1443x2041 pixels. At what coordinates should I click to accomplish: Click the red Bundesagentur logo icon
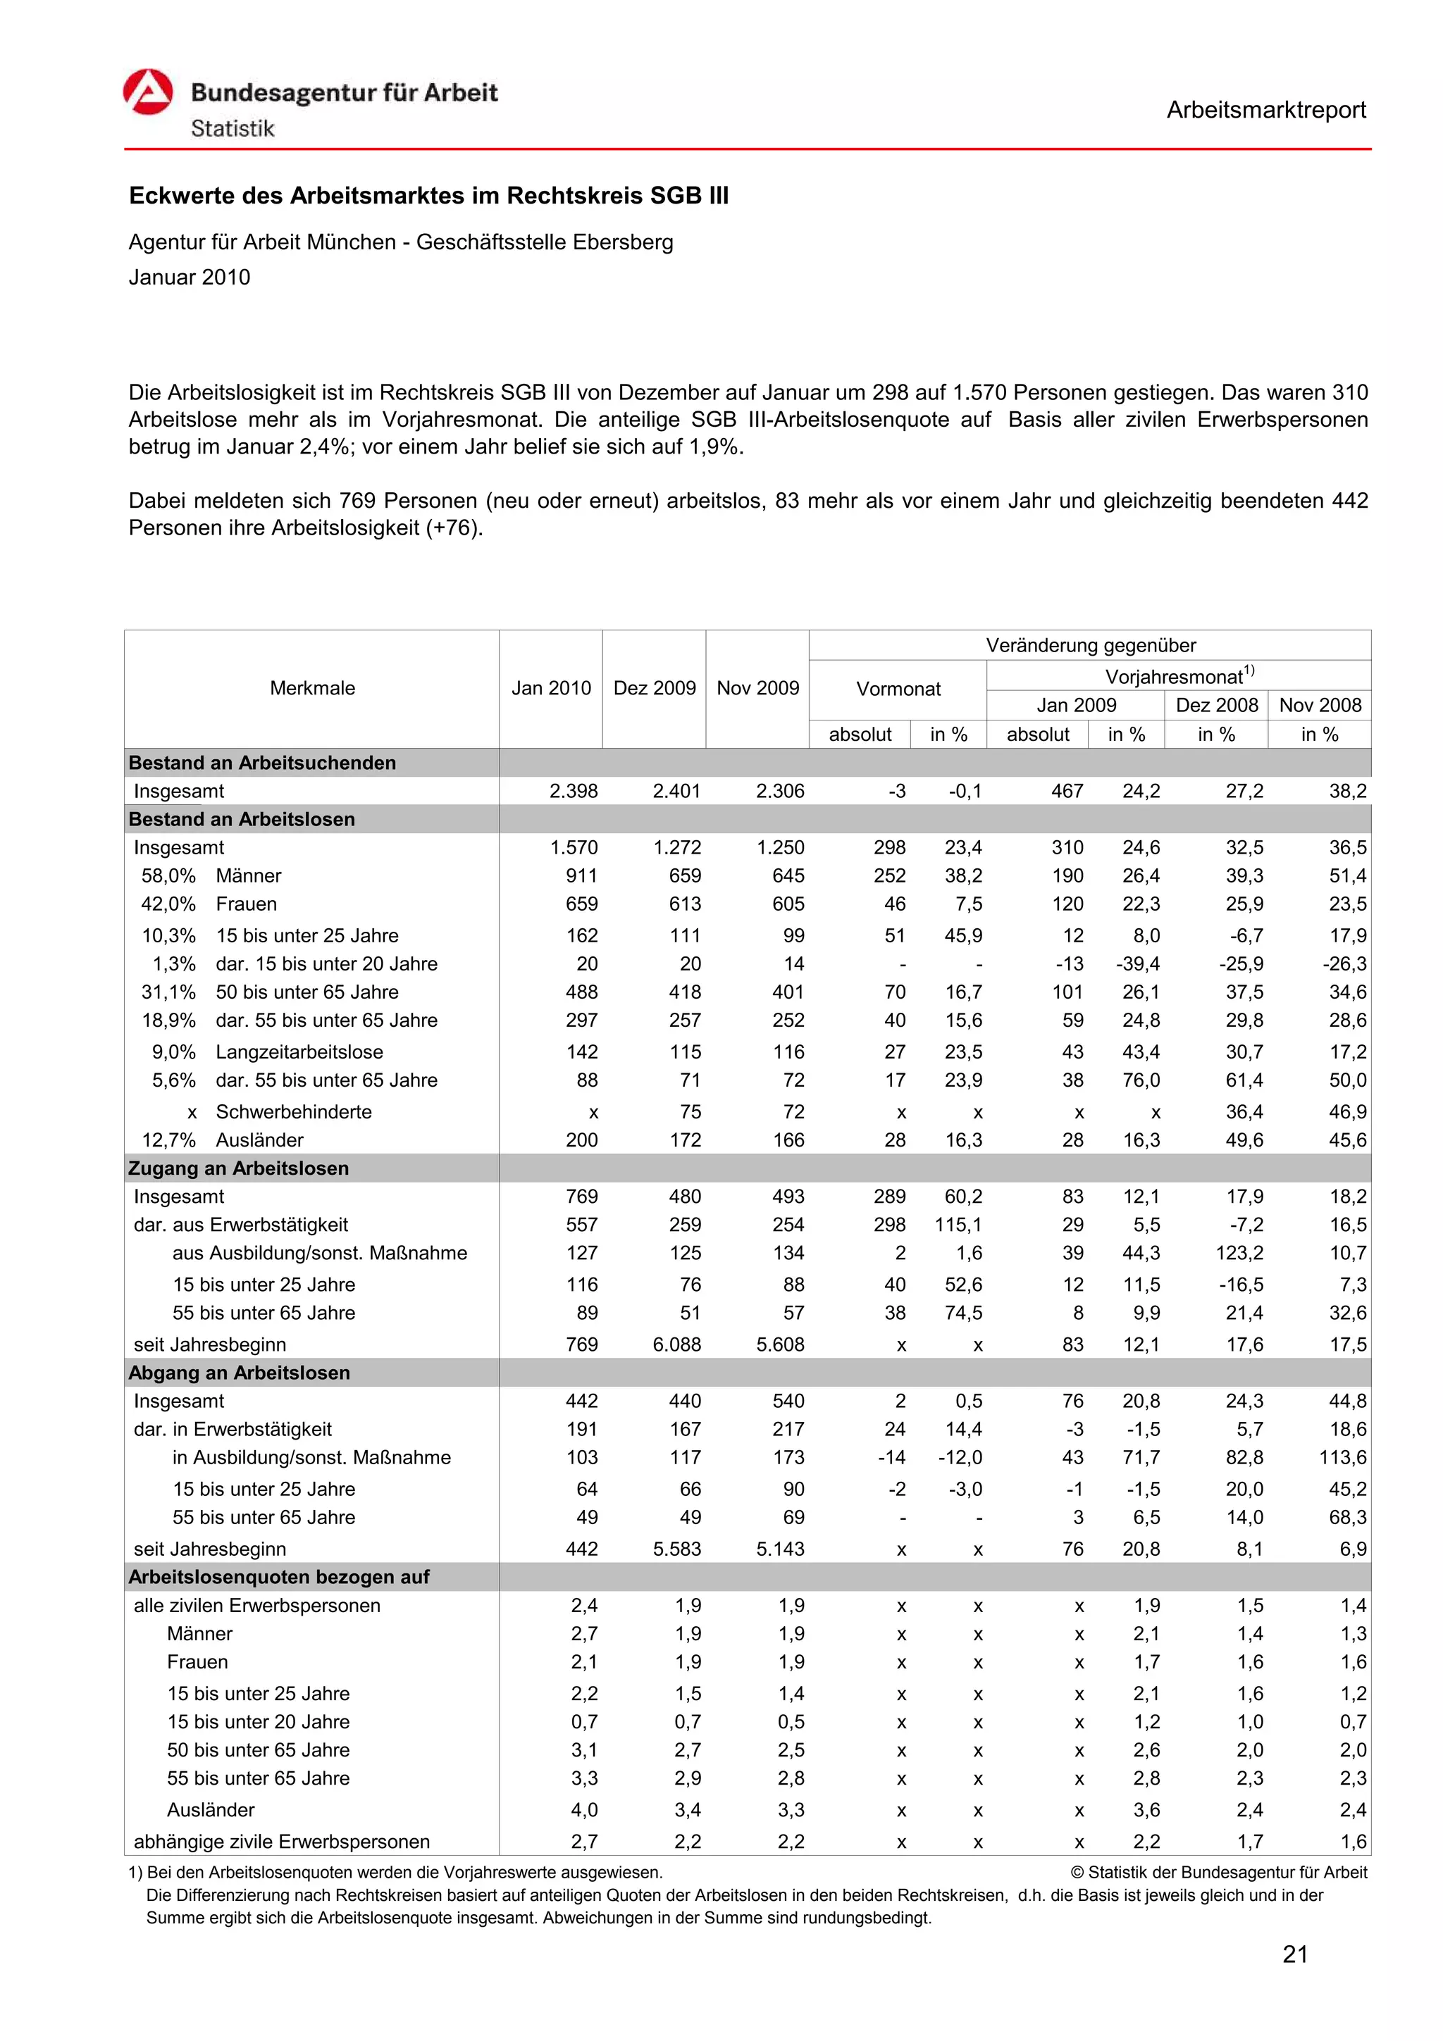click(x=147, y=92)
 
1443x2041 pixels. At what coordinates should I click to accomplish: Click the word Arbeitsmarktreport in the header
click(x=1265, y=111)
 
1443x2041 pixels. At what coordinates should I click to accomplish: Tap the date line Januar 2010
click(x=190, y=277)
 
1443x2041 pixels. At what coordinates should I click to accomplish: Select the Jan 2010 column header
click(x=550, y=688)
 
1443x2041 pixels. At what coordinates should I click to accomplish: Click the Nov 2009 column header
click(x=757, y=688)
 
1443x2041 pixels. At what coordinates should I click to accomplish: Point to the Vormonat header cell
click(x=897, y=689)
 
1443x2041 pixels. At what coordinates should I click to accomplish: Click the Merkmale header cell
click(x=312, y=688)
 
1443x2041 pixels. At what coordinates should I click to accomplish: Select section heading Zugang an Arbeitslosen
click(x=238, y=1168)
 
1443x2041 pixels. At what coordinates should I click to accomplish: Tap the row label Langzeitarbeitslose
click(x=299, y=1051)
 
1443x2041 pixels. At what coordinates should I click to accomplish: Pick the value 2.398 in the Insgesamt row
click(x=574, y=791)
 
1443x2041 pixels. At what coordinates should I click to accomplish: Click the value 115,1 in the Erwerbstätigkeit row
click(x=958, y=1225)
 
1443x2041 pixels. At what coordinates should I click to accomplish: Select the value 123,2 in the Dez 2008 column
click(x=1239, y=1254)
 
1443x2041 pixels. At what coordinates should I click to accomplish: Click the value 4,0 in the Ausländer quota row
click(x=584, y=1810)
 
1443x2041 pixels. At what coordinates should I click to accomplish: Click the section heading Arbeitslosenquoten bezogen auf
click(x=278, y=1577)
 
